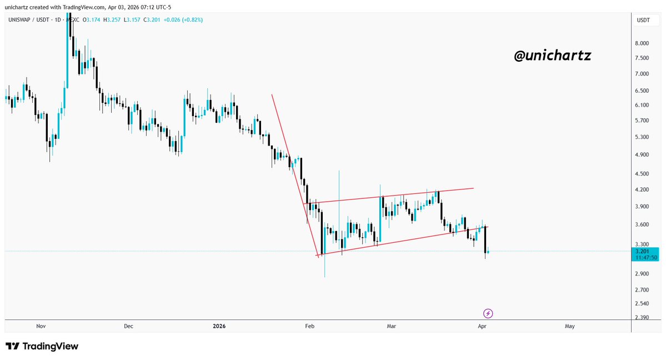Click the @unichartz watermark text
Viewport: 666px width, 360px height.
pos(553,56)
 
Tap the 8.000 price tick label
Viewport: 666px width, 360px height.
pos(643,43)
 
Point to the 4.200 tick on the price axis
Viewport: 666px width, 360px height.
pos(643,189)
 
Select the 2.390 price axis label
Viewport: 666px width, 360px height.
pos(643,318)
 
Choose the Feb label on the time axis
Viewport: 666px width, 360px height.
pos(310,327)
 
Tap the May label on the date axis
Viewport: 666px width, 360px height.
pos(569,327)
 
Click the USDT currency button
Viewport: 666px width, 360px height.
pos(643,20)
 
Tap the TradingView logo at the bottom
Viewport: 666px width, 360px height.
pos(42,347)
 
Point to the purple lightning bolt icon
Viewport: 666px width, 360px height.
pos(488,313)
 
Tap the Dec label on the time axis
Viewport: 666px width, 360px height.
pos(128,327)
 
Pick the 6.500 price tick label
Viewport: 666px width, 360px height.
pos(643,91)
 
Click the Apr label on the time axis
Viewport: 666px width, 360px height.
pos(483,327)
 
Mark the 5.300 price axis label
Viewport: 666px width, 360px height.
pos(643,137)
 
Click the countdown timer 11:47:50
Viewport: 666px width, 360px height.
pos(646,258)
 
